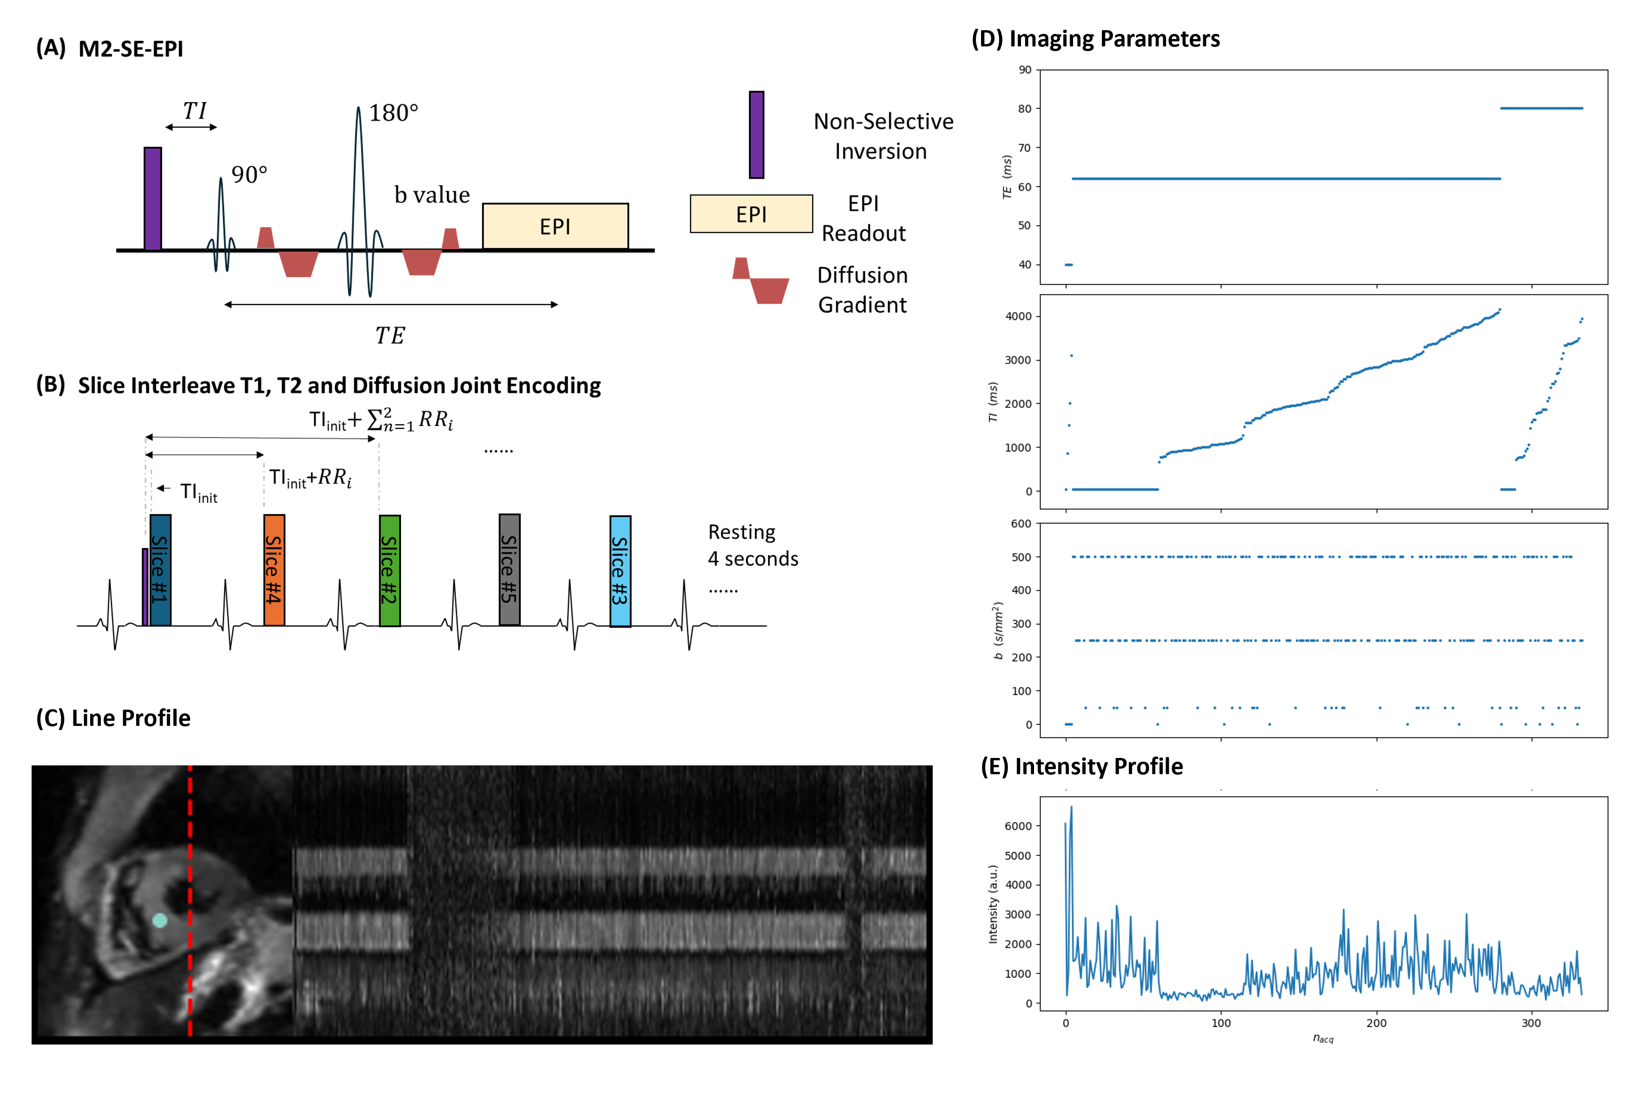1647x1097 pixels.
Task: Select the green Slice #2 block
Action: pos(389,570)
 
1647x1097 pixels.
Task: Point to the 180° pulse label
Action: pos(393,113)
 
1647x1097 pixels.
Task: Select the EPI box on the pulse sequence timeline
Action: pos(554,226)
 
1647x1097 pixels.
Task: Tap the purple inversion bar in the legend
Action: pos(756,134)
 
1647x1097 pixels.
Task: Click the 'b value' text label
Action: pos(431,195)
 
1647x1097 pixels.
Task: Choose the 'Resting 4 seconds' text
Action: pos(752,546)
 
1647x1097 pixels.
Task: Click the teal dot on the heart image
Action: pos(159,920)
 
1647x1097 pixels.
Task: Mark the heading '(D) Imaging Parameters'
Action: pos(1095,39)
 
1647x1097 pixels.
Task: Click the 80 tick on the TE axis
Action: pos(1024,108)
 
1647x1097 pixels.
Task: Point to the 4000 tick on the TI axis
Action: pos(1018,316)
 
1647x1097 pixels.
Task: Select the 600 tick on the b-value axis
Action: pos(1021,523)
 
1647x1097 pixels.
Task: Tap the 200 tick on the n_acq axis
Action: pos(1376,1023)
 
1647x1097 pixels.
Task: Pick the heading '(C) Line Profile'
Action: pos(113,718)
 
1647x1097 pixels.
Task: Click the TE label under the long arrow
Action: pos(390,336)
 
